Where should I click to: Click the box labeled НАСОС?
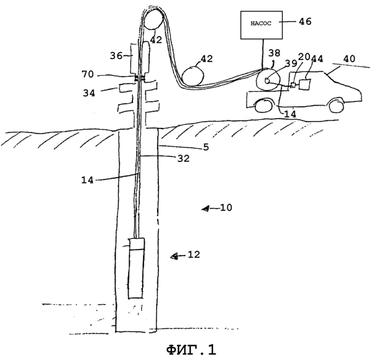pyautogui.click(x=262, y=25)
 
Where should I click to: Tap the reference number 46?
pyautogui.click(x=305, y=22)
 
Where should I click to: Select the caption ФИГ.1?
pyautogui.click(x=191, y=349)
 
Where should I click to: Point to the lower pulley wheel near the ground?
pyautogui.click(x=193, y=76)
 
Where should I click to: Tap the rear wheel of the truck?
pyautogui.click(x=262, y=106)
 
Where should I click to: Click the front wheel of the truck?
pyautogui.click(x=337, y=105)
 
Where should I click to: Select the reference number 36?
pyautogui.click(x=116, y=56)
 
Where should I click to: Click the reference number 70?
pyautogui.click(x=88, y=74)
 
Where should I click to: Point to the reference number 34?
pyautogui.click(x=89, y=93)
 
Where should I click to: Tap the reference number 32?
pyautogui.click(x=183, y=158)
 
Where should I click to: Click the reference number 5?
pyautogui.click(x=206, y=147)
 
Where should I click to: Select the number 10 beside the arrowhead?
pyautogui.click(x=226, y=207)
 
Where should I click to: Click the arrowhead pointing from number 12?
pyautogui.click(x=174, y=256)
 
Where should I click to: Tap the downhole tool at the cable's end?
pyautogui.click(x=136, y=268)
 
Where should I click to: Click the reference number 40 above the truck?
pyautogui.click(x=349, y=58)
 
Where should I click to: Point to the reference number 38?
pyautogui.click(x=275, y=53)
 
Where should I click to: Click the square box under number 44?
pyautogui.click(x=304, y=84)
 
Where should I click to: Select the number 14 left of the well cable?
pyautogui.click(x=88, y=180)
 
